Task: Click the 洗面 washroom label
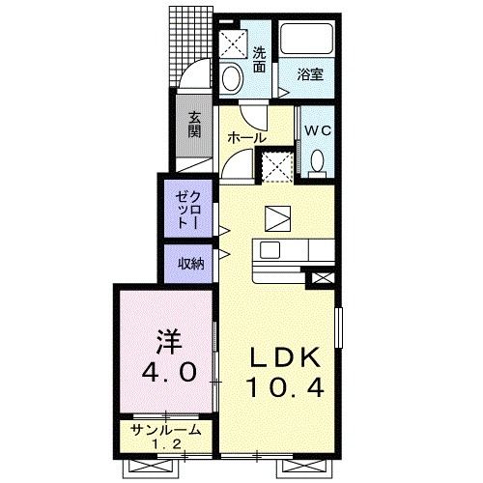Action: pyautogui.click(x=260, y=60)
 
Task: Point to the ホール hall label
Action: pyautogui.click(x=247, y=138)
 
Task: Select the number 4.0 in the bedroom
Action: pyautogui.click(x=165, y=371)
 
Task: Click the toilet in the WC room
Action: pyautogui.click(x=317, y=160)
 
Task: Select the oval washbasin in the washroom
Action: pyautogui.click(x=232, y=77)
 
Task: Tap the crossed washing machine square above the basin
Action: pyautogui.click(x=233, y=43)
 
